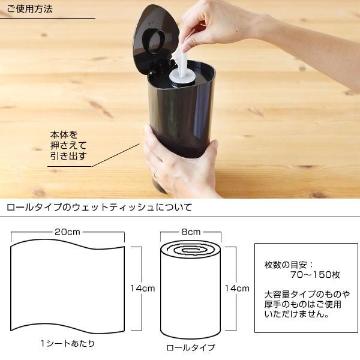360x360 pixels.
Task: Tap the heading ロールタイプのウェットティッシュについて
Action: pyautogui.click(x=99, y=208)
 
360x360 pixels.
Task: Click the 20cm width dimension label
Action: pyautogui.click(x=67, y=232)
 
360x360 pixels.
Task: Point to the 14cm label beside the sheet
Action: pyautogui.click(x=143, y=288)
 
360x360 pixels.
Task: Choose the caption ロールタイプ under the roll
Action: pyautogui.click(x=190, y=347)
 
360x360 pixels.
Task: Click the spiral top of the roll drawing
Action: pyautogui.click(x=190, y=247)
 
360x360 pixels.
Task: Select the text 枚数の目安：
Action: pyautogui.click(x=289, y=264)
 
